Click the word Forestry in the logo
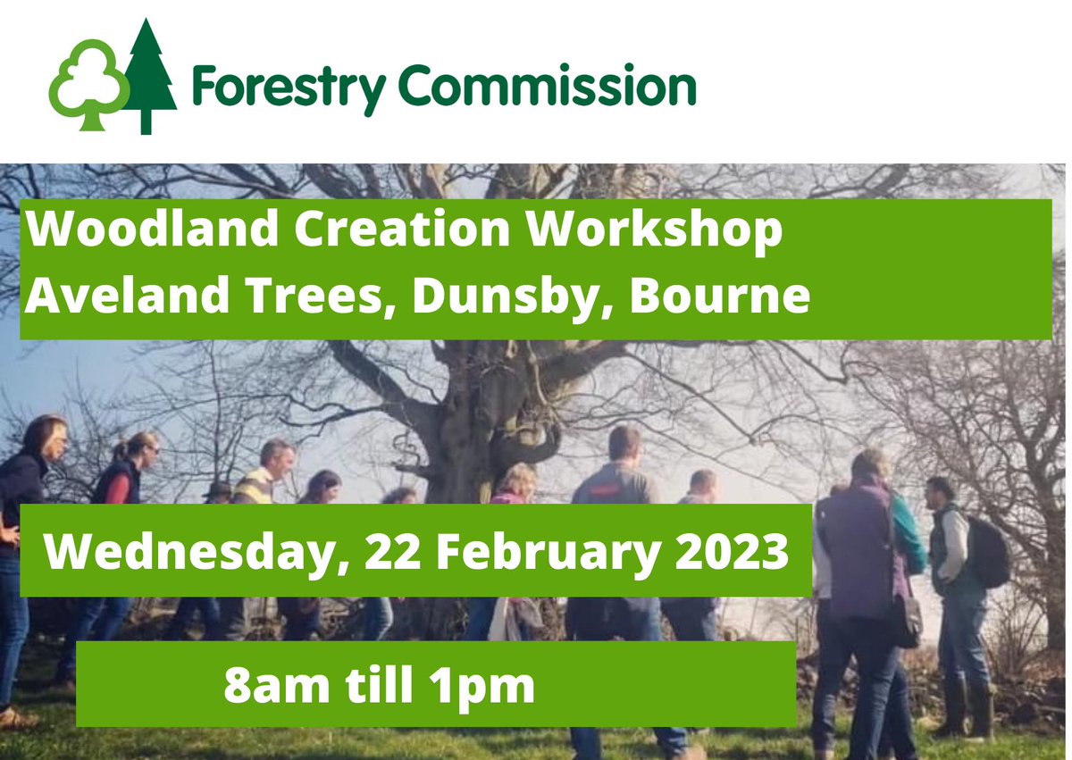click(288, 88)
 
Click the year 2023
click(733, 552)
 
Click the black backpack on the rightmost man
click(988, 554)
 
